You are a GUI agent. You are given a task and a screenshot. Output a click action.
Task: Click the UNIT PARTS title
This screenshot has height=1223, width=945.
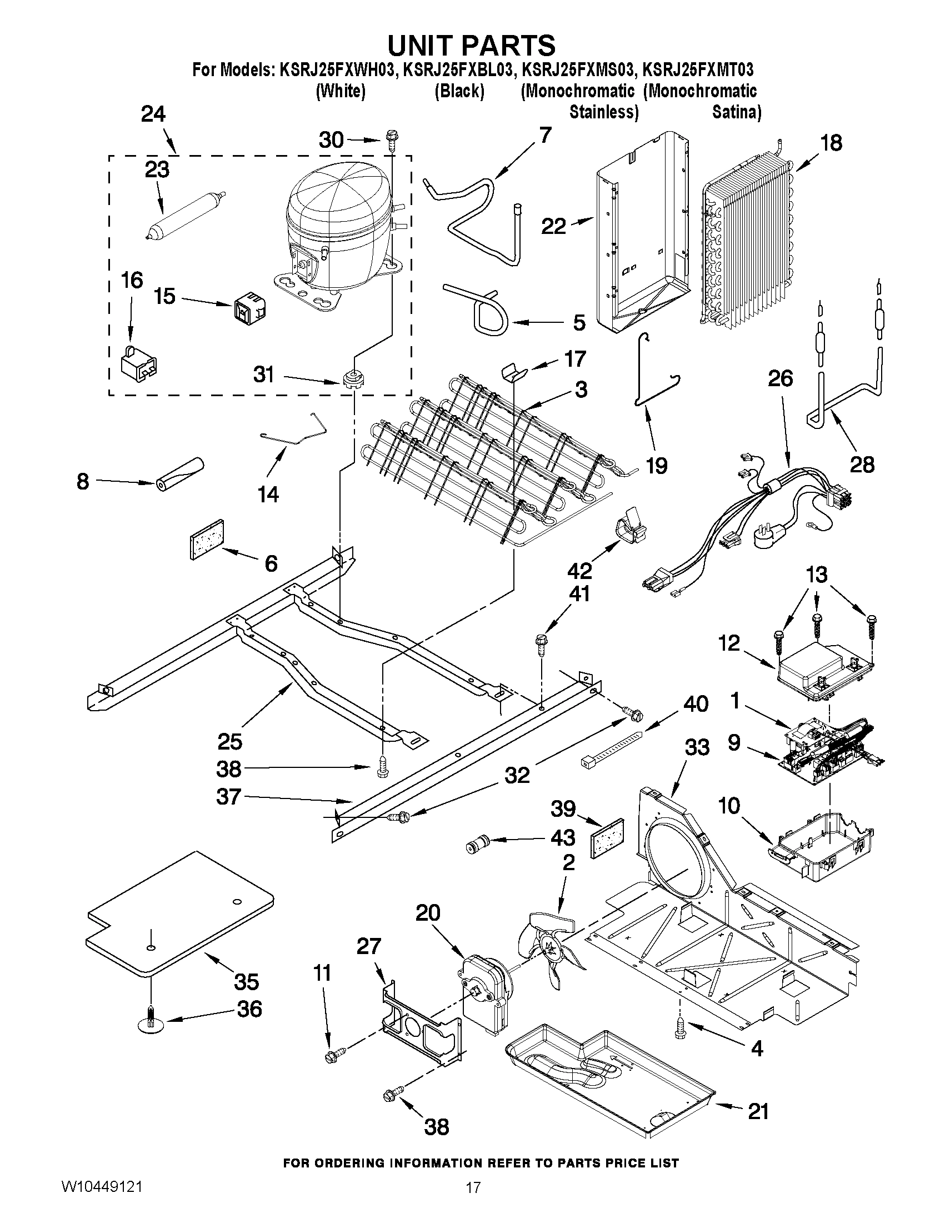(471, 45)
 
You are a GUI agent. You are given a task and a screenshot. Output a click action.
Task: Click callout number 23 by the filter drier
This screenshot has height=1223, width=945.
(157, 169)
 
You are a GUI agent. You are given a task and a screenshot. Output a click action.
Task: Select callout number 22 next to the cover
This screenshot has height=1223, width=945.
(553, 226)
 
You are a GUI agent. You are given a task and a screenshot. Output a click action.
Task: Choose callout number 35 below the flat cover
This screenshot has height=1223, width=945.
(246, 981)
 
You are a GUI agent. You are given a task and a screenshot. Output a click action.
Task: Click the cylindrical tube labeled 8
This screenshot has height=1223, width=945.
(180, 474)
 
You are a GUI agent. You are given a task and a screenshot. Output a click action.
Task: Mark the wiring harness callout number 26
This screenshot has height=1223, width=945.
(780, 378)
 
